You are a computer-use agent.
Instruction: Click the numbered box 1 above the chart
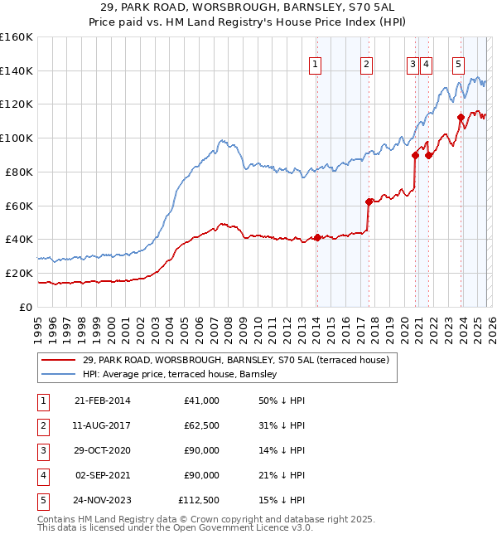coord(316,66)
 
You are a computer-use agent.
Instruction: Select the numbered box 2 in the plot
coord(367,66)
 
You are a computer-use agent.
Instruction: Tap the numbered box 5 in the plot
coord(459,66)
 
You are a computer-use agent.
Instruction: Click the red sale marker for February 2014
coord(317,238)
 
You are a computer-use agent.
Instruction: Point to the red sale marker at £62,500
coord(369,201)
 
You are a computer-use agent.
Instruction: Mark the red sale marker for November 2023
coord(461,117)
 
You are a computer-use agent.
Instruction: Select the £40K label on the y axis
coord(18,239)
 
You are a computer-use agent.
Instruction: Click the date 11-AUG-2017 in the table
coord(102,425)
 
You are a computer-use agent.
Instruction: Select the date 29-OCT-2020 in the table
coord(102,449)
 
